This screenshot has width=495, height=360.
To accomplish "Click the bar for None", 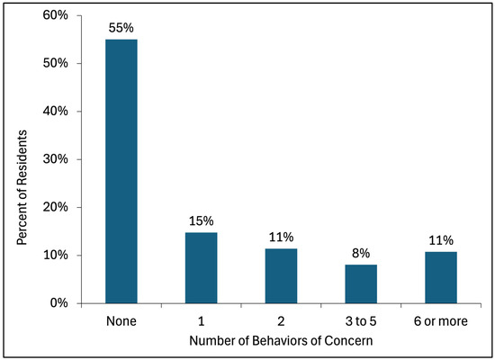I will (x=121, y=171).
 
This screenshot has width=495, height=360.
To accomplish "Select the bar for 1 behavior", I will (x=201, y=267).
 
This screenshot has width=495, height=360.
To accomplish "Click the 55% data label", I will (x=121, y=28).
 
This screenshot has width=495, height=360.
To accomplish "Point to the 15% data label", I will (x=201, y=220).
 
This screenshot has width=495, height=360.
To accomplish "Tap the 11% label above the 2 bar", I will (x=280, y=238).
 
